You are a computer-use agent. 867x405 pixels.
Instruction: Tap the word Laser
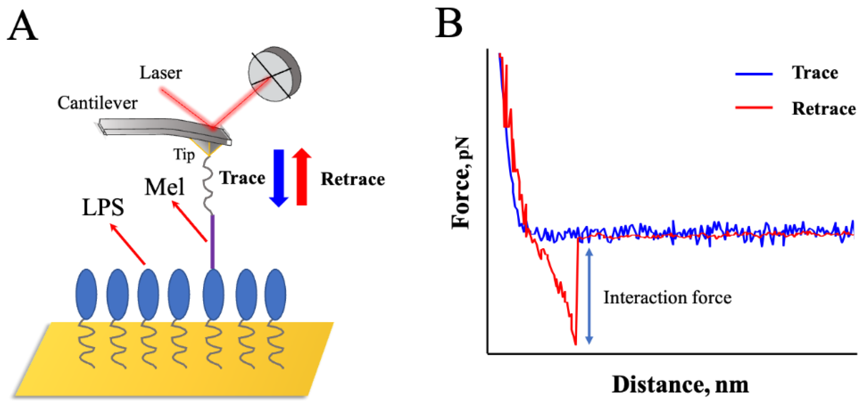tap(161, 73)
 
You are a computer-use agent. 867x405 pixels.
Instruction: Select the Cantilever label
tap(97, 103)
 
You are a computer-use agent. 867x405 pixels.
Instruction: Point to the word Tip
tap(184, 155)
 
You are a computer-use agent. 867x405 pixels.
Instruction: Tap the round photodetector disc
tap(274, 74)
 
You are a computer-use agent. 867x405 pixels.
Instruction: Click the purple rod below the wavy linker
tap(212, 241)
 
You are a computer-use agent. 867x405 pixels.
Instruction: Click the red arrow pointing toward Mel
tap(189, 221)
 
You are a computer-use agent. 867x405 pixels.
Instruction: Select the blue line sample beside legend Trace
tap(754, 74)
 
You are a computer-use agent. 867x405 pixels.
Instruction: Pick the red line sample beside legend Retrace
tap(754, 108)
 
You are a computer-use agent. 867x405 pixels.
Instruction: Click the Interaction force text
tap(667, 298)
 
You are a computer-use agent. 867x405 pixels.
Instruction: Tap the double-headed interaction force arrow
tap(589, 296)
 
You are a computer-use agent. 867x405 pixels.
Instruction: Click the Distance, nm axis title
tap(680, 384)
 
